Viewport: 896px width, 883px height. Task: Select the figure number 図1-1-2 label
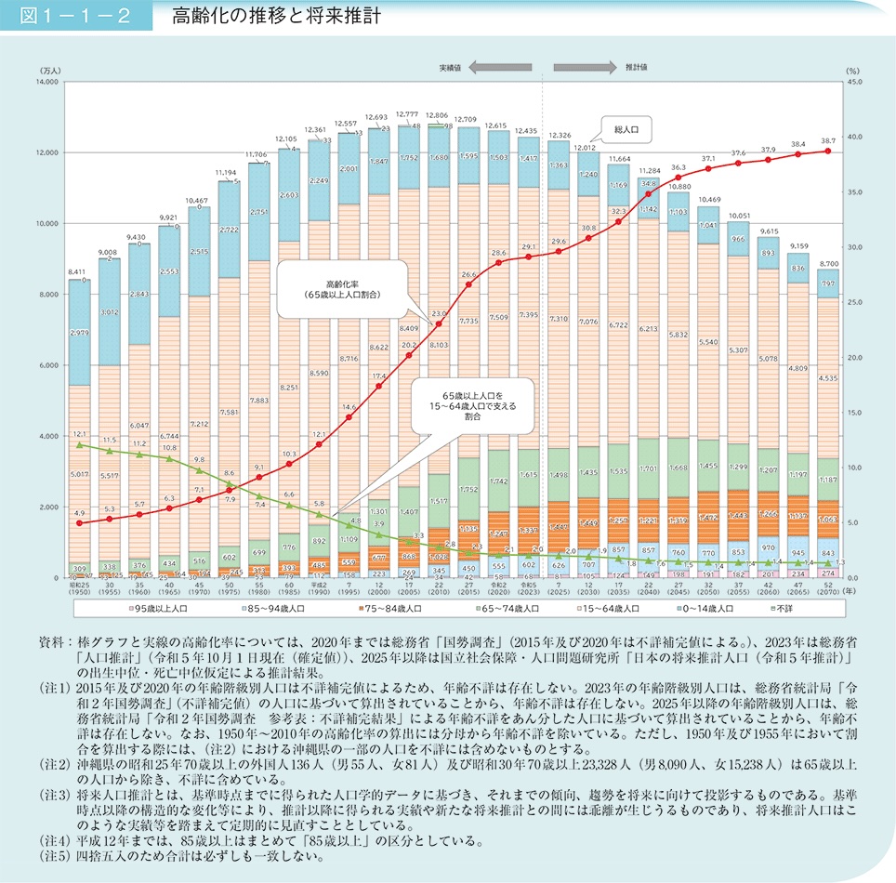[66, 16]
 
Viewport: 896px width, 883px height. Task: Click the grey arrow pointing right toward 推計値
[585, 68]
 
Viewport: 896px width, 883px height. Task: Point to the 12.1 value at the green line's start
[80, 435]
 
